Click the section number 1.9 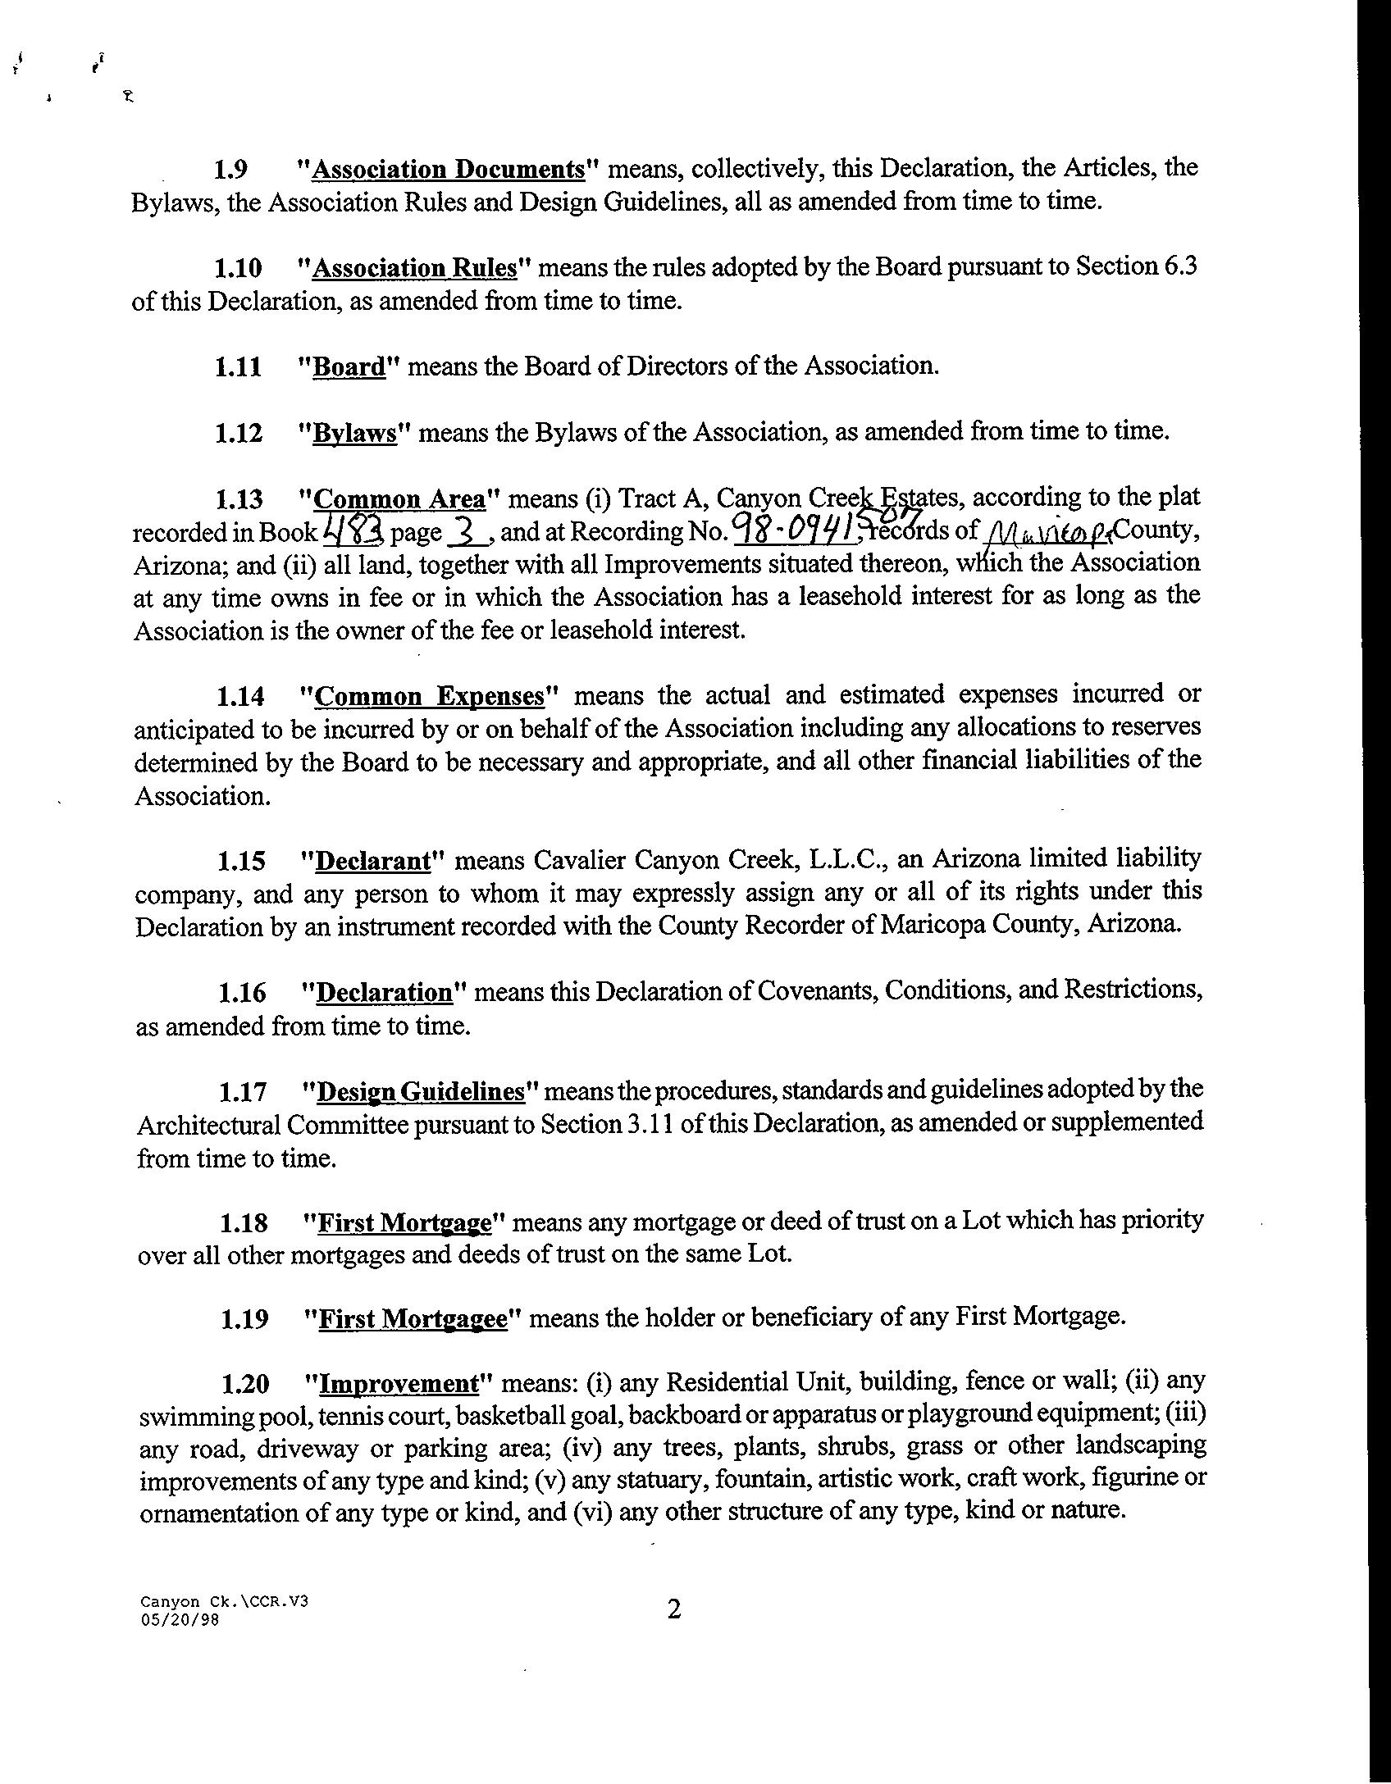point(231,170)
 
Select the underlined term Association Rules point(415,269)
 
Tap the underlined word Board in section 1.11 point(349,367)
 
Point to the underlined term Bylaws point(355,433)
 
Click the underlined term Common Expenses point(430,697)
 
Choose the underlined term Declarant point(373,862)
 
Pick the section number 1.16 point(242,994)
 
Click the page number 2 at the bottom point(674,1609)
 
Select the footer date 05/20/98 point(180,1620)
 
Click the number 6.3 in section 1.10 point(1179,267)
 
